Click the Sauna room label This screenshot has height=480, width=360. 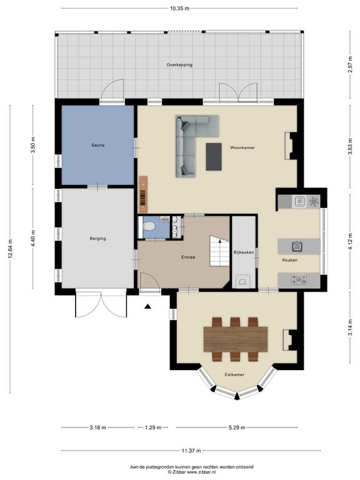click(x=97, y=145)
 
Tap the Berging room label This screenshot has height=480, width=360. click(x=97, y=239)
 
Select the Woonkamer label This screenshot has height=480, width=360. click(x=242, y=147)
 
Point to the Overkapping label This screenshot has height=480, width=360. click(x=179, y=65)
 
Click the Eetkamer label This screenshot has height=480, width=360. click(x=234, y=374)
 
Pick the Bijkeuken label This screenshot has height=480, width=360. click(x=244, y=252)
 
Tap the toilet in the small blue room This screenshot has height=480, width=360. click(x=148, y=226)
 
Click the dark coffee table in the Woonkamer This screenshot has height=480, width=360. click(x=214, y=156)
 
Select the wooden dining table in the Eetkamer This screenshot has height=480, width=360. click(x=236, y=339)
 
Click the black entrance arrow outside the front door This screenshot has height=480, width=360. click(x=148, y=306)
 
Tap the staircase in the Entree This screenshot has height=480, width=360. click(x=219, y=251)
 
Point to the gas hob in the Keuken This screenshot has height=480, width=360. click(x=299, y=279)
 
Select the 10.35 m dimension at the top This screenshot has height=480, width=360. click(x=180, y=9)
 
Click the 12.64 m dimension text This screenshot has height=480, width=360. click(x=10, y=249)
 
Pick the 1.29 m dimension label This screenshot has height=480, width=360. click(x=152, y=427)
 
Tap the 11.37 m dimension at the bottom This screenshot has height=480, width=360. click(x=191, y=451)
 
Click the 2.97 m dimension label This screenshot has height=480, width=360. click(x=350, y=65)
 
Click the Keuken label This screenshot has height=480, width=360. click(x=289, y=260)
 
